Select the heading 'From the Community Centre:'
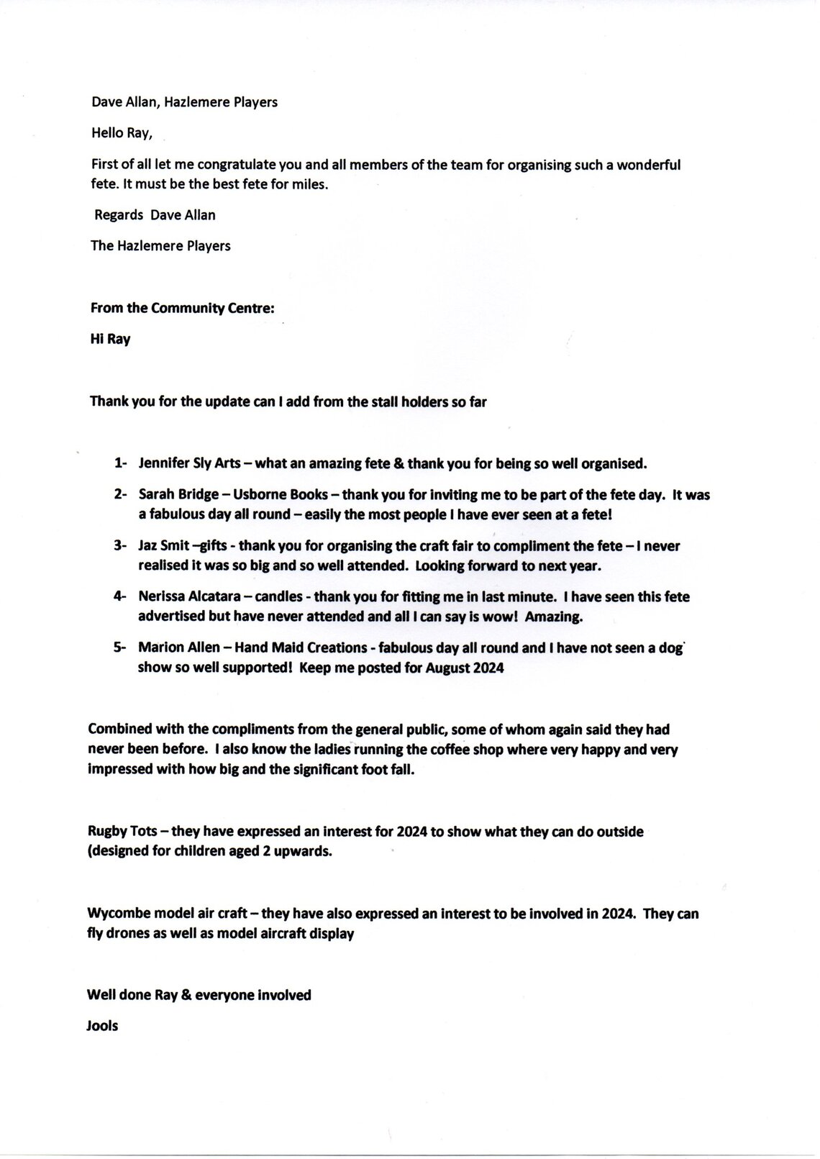coord(182,309)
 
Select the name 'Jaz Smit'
coord(164,546)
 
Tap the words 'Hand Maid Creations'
coord(301,648)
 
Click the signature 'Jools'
coord(102,1026)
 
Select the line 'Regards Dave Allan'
coord(155,215)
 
